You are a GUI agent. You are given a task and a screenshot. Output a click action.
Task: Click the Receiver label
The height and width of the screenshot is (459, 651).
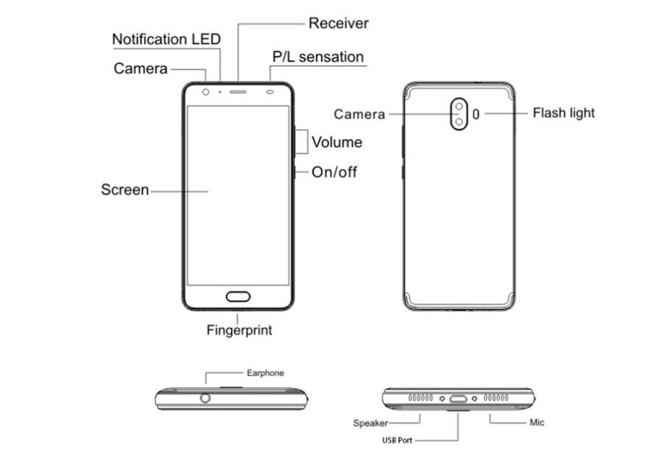pyautogui.click(x=339, y=23)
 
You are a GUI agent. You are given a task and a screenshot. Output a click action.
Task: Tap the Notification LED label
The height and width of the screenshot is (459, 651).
pyautogui.click(x=166, y=39)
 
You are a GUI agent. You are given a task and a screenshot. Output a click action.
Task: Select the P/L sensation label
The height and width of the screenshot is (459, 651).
pyautogui.click(x=318, y=57)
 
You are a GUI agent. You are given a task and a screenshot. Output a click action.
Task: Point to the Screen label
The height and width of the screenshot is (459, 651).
pyautogui.click(x=125, y=189)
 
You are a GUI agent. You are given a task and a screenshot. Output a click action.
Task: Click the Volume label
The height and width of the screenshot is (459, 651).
pyautogui.click(x=336, y=142)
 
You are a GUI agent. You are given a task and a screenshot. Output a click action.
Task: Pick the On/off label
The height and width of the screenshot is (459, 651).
pyautogui.click(x=334, y=172)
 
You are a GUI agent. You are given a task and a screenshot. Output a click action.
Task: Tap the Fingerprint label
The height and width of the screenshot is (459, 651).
pyautogui.click(x=239, y=330)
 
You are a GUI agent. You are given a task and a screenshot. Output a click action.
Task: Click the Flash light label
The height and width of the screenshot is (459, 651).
pyautogui.click(x=563, y=113)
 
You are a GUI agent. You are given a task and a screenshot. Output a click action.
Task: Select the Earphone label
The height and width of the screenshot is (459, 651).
pyautogui.click(x=265, y=373)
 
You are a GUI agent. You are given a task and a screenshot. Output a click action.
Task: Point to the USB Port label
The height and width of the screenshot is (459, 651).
pyautogui.click(x=397, y=440)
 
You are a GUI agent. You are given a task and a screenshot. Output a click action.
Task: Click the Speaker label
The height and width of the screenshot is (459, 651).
pyautogui.click(x=370, y=423)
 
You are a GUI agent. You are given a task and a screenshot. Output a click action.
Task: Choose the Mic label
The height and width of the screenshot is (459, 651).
pyautogui.click(x=537, y=422)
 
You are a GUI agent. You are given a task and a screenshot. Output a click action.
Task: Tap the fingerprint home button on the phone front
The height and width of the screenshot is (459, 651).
pyautogui.click(x=238, y=296)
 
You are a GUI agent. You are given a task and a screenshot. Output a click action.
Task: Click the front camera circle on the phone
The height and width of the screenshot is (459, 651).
pyautogui.click(x=205, y=92)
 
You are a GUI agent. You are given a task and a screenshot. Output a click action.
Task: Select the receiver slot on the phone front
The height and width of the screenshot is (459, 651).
pyautogui.click(x=238, y=92)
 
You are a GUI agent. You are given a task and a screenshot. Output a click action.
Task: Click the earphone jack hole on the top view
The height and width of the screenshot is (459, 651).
pyautogui.click(x=205, y=398)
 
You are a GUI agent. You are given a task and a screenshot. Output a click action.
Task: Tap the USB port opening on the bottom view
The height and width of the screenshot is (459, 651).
pyautogui.click(x=459, y=399)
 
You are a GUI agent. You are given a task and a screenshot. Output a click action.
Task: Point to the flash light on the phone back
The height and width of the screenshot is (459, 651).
pyautogui.click(x=476, y=113)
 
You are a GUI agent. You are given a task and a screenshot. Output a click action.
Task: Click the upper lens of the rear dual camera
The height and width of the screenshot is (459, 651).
pyautogui.click(x=459, y=107)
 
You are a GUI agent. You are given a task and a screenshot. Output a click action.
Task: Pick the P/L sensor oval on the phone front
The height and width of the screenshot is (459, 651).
pyautogui.click(x=270, y=92)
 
